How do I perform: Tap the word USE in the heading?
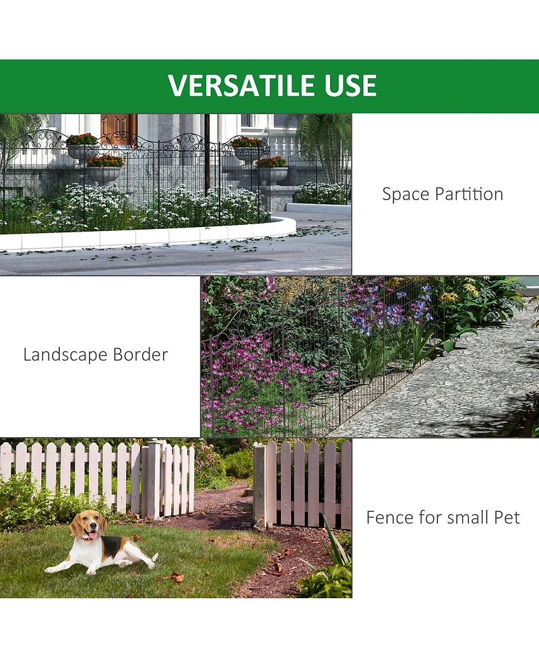[352, 86]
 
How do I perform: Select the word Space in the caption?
[405, 195]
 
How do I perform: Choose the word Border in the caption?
[140, 355]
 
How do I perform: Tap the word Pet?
[505, 518]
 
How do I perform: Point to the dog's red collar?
[88, 536]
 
